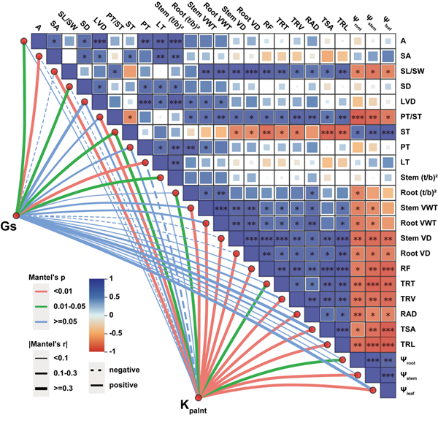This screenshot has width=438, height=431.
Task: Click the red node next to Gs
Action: (15, 213)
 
